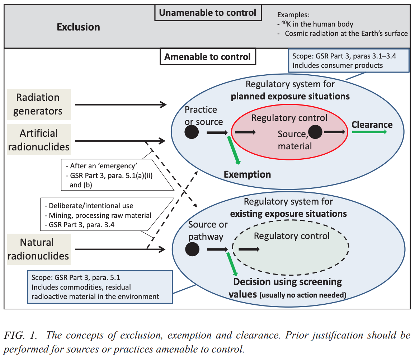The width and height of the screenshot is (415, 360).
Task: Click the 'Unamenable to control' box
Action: coord(207,13)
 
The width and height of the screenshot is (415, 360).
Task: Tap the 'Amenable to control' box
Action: coord(207,57)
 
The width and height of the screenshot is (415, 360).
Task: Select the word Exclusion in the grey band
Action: coord(78,27)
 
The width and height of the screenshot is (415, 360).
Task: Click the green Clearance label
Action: coord(372,125)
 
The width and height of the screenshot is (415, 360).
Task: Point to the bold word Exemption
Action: coord(247,174)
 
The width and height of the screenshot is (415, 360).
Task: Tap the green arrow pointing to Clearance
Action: coord(369,132)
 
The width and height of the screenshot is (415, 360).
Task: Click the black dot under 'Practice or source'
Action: coord(192,132)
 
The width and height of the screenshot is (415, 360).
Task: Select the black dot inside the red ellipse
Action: coord(315,132)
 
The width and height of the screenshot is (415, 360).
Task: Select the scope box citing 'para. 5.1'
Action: coord(100,287)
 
